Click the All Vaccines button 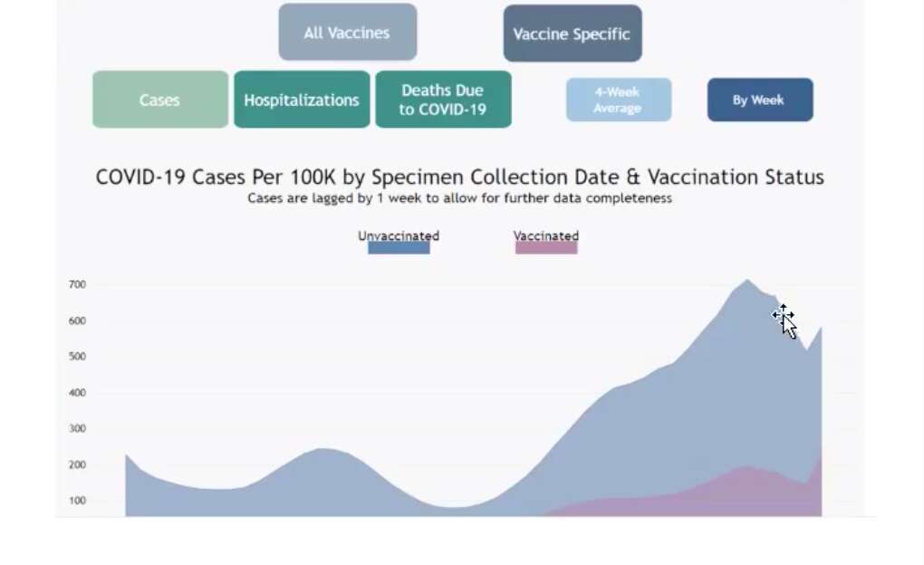click(x=348, y=33)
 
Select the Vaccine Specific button click(x=573, y=34)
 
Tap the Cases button click(x=160, y=100)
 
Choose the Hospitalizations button click(x=302, y=100)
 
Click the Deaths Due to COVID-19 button click(x=443, y=100)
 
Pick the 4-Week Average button click(x=619, y=101)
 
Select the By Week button click(x=760, y=101)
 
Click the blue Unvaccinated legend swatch click(x=399, y=248)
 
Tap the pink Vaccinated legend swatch click(x=546, y=248)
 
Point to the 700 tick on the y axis click(x=77, y=284)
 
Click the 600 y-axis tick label click(x=77, y=321)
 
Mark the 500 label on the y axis click(x=77, y=357)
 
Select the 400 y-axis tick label click(x=77, y=392)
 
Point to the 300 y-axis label click(x=77, y=428)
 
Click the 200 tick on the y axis click(x=77, y=464)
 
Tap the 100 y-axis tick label click(x=77, y=501)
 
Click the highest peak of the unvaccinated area click(x=747, y=280)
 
